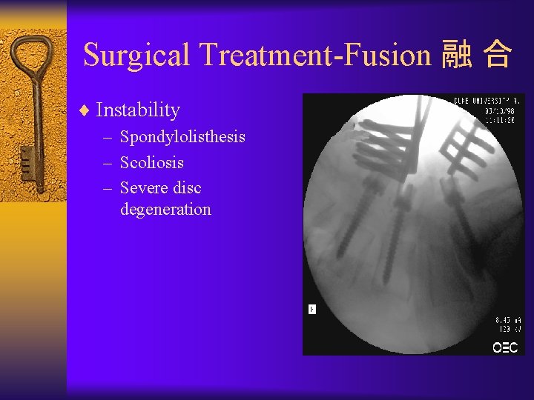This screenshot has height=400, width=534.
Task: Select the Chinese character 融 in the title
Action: tap(455, 56)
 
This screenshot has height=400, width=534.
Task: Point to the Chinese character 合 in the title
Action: tap(496, 56)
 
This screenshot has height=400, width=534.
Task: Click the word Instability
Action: tap(138, 110)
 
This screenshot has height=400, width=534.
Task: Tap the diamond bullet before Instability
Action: tap(84, 111)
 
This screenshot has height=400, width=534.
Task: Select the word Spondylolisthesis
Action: tap(182, 138)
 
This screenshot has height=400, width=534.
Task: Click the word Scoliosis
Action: tap(151, 163)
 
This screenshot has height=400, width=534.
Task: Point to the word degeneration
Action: tap(165, 210)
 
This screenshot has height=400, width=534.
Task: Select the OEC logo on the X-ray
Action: tap(505, 347)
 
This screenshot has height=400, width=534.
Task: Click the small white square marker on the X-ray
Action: tap(312, 309)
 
